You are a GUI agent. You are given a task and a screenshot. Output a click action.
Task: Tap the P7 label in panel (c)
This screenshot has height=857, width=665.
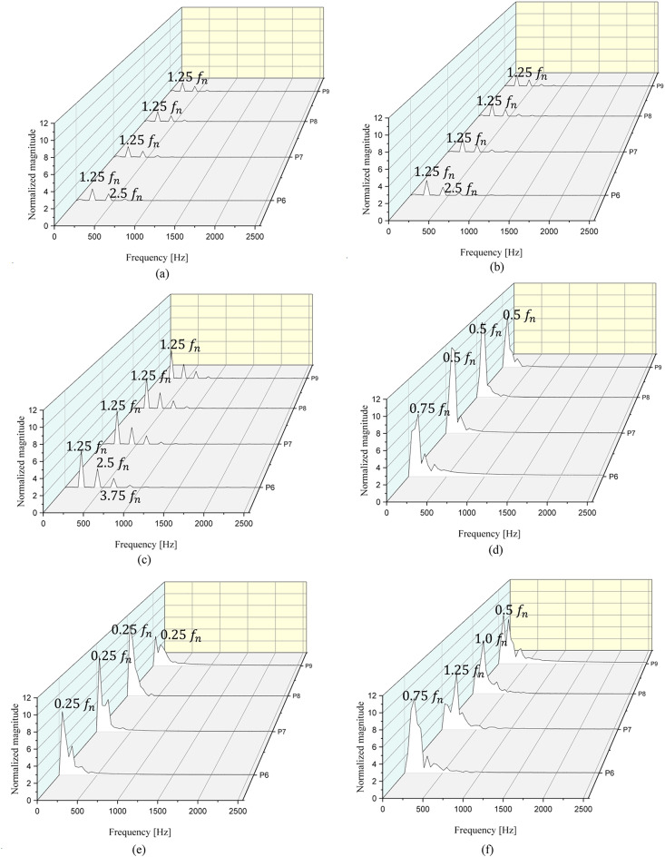tap(284, 445)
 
